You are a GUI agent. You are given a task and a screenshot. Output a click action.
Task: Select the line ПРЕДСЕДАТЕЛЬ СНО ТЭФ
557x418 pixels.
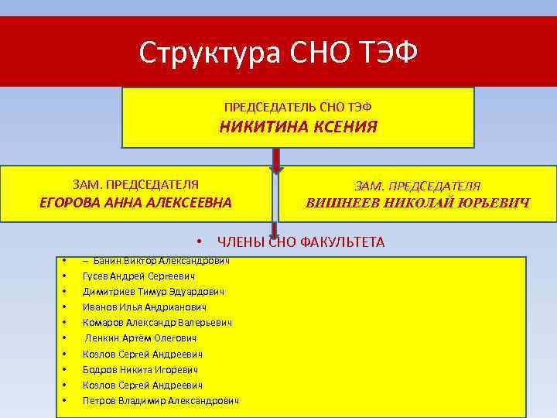tap(298, 105)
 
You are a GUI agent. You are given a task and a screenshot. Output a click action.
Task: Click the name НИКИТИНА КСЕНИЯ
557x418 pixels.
tap(299, 127)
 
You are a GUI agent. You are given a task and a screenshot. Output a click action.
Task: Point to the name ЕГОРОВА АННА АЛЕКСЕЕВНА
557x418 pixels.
tap(135, 204)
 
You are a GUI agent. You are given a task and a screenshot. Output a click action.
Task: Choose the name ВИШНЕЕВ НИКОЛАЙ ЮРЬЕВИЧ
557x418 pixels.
tap(417, 204)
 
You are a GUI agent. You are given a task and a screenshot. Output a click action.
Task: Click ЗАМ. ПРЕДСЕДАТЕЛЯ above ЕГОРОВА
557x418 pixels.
tap(135, 184)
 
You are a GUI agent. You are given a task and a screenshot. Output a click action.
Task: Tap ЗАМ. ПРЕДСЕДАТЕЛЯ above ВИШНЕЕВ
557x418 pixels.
tap(417, 186)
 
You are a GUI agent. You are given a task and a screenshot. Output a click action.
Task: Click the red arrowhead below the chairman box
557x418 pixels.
tap(275, 171)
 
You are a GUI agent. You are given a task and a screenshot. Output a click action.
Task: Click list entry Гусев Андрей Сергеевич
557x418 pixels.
tap(138, 276)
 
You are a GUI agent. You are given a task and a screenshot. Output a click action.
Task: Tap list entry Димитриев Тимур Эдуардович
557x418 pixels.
tap(153, 292)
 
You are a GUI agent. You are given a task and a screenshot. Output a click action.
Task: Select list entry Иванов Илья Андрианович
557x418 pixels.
tap(144, 307)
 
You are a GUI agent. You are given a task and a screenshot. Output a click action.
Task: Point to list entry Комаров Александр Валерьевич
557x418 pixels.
tap(157, 323)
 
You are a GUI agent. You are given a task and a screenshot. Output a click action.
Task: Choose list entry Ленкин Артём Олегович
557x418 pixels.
tap(141, 338)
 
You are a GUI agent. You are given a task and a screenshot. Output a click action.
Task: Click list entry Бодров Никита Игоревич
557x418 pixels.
tap(139, 369)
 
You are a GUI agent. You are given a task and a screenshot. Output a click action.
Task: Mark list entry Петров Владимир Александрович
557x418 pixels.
tap(160, 400)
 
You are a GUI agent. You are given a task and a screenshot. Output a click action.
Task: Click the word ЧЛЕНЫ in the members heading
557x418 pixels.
tap(241, 242)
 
